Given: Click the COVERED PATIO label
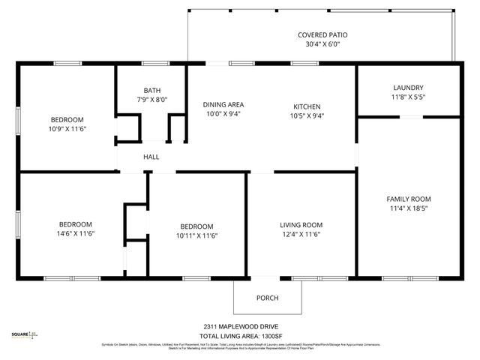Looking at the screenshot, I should click(x=322, y=34).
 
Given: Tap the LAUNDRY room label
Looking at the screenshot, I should click(x=408, y=88).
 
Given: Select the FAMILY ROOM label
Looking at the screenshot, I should click(x=409, y=199).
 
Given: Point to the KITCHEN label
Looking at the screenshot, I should click(x=307, y=106).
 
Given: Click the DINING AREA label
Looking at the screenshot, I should click(x=223, y=104).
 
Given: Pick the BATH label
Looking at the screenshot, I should click(x=151, y=90).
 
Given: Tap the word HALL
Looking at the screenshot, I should click(x=151, y=157).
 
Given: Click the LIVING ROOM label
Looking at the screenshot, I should click(x=301, y=225).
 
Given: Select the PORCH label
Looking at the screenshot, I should click(x=268, y=298).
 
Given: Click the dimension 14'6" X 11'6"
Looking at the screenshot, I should click(x=76, y=234).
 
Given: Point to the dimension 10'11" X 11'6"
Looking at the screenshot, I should click(x=196, y=235).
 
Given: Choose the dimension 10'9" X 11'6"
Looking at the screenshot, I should click(x=67, y=129).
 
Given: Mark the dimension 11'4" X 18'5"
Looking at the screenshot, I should click(x=409, y=208).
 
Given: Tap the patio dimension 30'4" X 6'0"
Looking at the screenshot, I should click(x=322, y=44).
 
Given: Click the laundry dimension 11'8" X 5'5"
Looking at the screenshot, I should click(x=408, y=97).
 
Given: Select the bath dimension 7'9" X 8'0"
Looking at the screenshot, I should click(x=151, y=100).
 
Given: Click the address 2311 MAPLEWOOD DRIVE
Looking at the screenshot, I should click(x=239, y=326).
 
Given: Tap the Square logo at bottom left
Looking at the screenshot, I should click(x=24, y=335).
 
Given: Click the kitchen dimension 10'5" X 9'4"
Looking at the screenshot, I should click(x=307, y=115).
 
